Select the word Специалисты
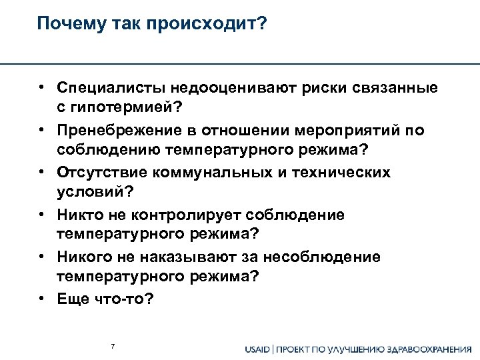(112, 89)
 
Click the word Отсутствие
(102, 173)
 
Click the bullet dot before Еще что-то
(41, 299)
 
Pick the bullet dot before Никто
(41, 215)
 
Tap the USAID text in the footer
(257, 349)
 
